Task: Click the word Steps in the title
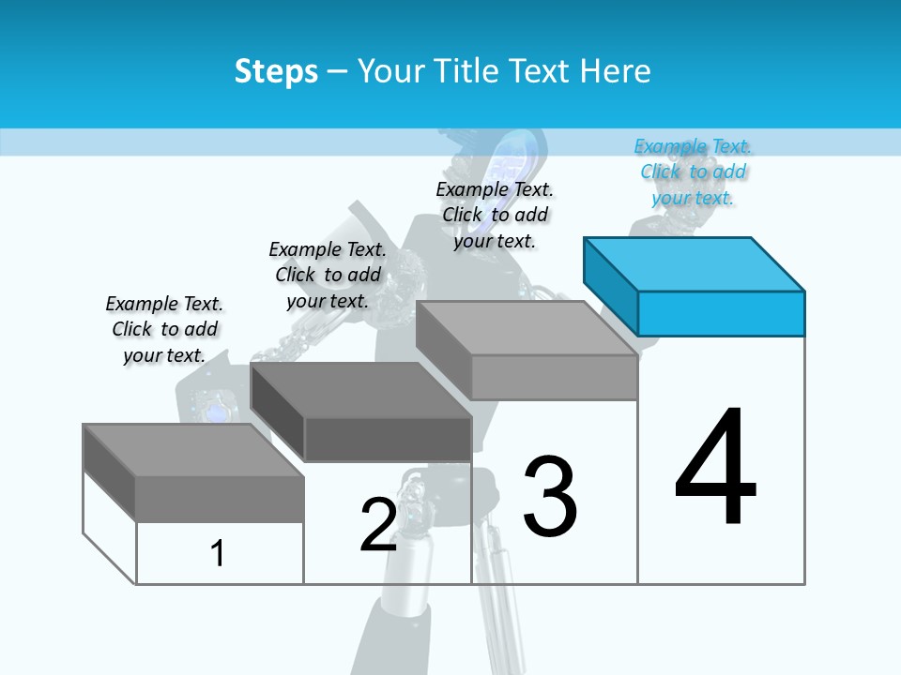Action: pos(276,71)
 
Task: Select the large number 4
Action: pos(715,469)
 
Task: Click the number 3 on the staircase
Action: pos(550,497)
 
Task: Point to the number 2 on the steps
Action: pos(378,525)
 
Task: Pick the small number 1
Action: pos(218,553)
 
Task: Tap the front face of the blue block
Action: pos(721,313)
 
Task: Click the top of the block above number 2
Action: pos(361,390)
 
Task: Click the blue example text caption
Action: pos(694,172)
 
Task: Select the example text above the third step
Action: pos(496,215)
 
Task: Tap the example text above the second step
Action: pos(328,275)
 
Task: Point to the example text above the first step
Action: pos(164,329)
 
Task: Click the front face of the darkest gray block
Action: pos(388,439)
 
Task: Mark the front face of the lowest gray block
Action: pos(220,499)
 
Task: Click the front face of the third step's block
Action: pos(554,377)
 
